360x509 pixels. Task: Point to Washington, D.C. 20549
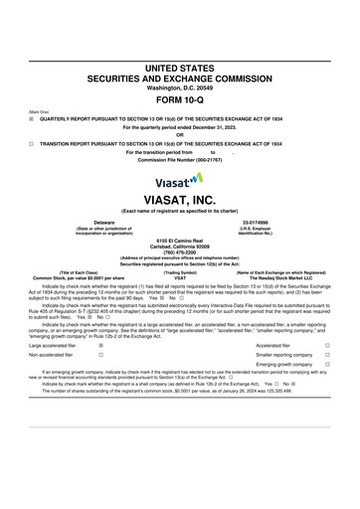pos(180,88)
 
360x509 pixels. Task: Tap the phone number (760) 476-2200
pos(180,252)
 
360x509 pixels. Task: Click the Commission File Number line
pos(180,159)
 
